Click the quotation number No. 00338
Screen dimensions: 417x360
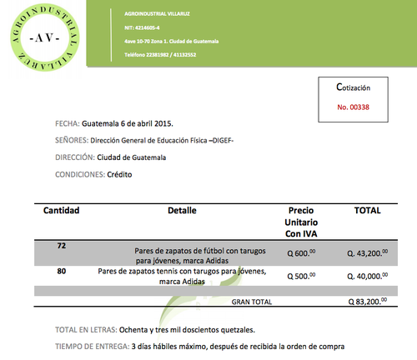pos(353,107)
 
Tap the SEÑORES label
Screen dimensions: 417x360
pos(71,140)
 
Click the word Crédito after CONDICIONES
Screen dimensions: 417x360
pos(119,174)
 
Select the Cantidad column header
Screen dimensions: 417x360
pos(62,211)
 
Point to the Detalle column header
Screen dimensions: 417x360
pos(182,211)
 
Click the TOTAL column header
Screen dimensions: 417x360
pos(367,211)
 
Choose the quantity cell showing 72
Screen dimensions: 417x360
pos(62,247)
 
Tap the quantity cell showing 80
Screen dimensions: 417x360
pos(62,271)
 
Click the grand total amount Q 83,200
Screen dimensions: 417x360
pos(367,301)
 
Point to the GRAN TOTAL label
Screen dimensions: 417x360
pos(252,301)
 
